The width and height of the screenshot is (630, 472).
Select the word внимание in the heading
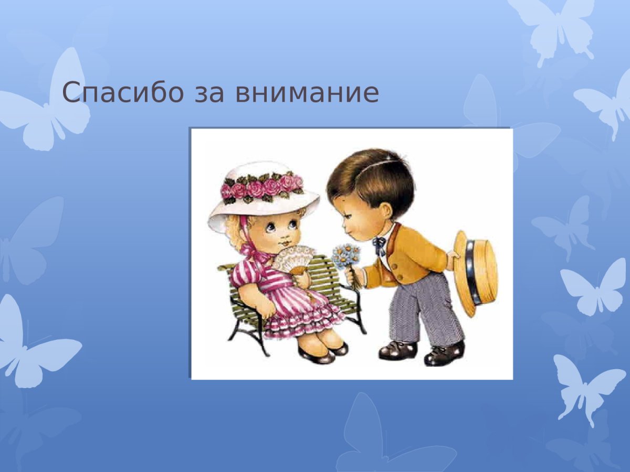coord(307,92)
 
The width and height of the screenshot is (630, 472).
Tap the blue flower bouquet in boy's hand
coord(346,256)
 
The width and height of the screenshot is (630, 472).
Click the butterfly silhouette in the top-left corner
coord(50,105)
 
